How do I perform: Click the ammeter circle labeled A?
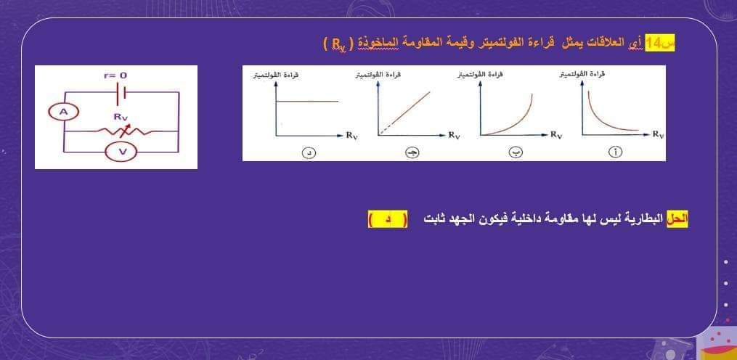click(x=64, y=111)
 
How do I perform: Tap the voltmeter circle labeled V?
click(x=122, y=151)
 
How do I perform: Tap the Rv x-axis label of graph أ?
click(x=658, y=134)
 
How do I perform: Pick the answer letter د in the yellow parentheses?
click(x=386, y=218)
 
